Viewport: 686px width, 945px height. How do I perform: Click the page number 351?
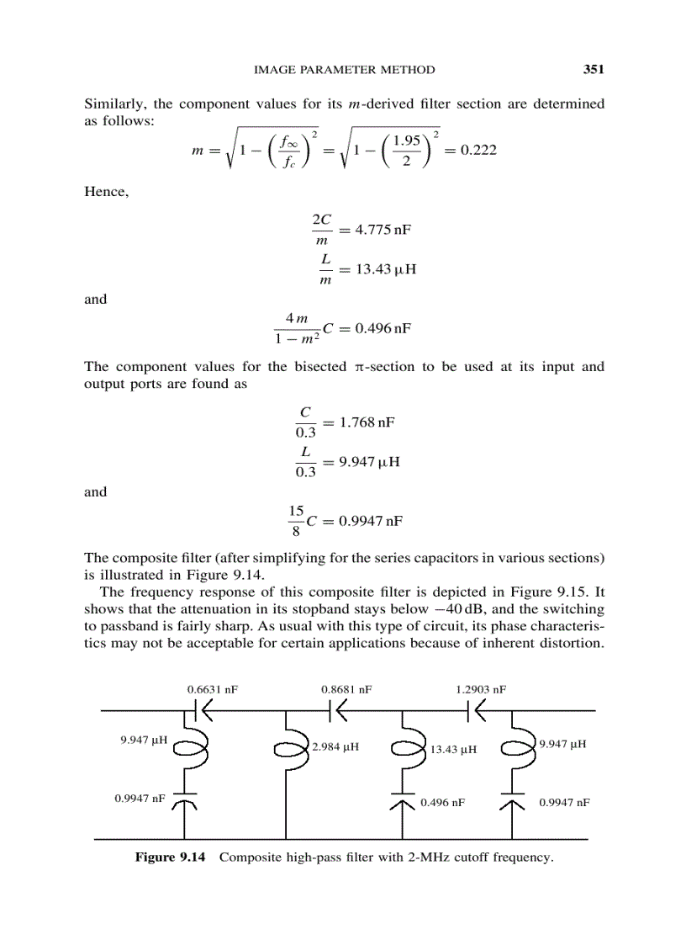click(x=594, y=70)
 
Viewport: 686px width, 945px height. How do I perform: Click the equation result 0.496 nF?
click(x=382, y=327)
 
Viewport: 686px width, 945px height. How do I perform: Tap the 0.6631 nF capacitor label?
click(x=212, y=688)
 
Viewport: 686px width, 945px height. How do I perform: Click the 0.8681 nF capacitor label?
click(x=346, y=688)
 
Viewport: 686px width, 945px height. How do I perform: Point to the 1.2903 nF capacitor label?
click(x=481, y=688)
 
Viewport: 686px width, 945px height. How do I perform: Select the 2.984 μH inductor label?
click(x=336, y=746)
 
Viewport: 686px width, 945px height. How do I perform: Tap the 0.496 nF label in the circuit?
click(x=442, y=803)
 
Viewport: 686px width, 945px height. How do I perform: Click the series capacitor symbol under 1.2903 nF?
click(x=472, y=711)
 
